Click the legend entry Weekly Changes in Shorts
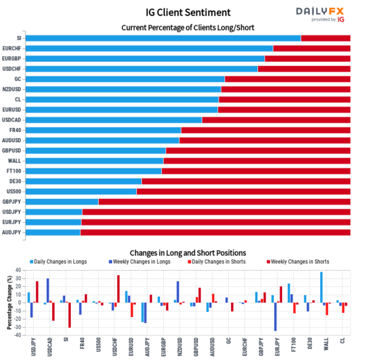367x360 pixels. point(298,262)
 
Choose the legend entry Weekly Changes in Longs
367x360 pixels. point(145,262)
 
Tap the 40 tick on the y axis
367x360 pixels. point(18,270)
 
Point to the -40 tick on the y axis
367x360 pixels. point(17,335)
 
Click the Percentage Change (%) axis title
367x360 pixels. point(9,302)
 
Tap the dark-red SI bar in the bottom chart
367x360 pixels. point(69,315)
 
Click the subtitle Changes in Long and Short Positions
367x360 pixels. point(188,253)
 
